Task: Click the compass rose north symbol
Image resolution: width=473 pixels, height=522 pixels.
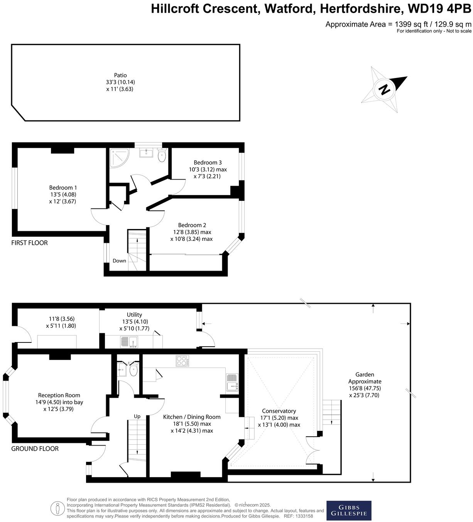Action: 384,90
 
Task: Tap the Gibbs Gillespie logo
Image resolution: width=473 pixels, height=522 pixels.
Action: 349,510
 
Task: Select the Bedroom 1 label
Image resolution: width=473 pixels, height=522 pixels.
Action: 63,188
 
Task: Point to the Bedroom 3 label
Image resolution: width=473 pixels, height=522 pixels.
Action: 208,163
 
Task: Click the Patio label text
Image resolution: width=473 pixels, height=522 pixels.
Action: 120,75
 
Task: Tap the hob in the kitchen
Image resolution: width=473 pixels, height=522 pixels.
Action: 182,361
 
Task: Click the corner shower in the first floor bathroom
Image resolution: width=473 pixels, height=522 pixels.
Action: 118,158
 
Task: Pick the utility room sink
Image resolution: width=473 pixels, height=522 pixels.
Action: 128,342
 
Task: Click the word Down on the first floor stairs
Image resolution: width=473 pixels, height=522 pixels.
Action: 119,261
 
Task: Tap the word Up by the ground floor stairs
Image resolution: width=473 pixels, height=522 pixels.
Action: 137,416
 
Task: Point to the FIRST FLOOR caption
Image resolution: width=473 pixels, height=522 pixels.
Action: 29,243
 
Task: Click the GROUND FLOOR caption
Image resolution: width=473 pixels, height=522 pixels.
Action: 35,449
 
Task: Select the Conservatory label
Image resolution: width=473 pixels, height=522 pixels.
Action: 279,411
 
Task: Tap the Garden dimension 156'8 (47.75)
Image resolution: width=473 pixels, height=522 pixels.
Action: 365,388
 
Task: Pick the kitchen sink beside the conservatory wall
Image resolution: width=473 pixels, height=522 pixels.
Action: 232,382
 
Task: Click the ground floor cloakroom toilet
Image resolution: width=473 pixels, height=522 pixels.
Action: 133,370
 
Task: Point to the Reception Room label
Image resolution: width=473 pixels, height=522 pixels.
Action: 59,395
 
